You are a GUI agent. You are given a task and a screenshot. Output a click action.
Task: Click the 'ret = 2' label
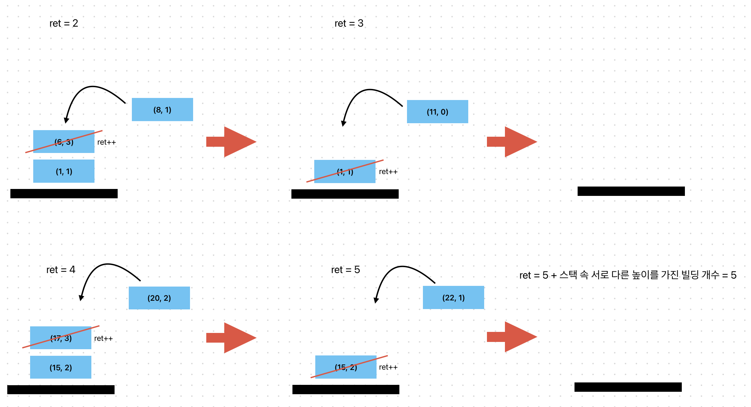point(64,24)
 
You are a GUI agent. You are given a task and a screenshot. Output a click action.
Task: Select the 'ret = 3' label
point(349,24)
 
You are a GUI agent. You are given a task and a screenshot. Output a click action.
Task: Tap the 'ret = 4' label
point(61,270)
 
